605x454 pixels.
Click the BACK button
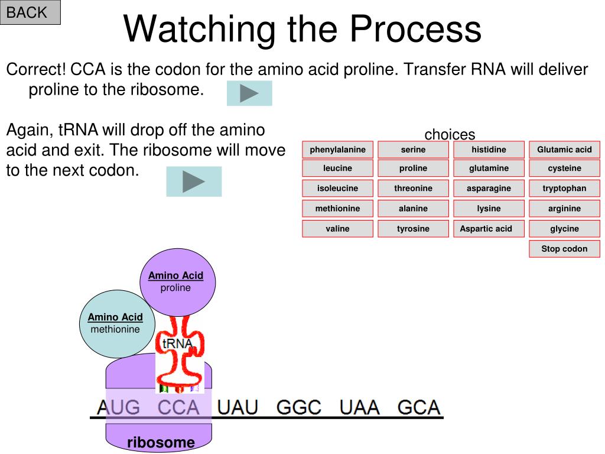[30, 12]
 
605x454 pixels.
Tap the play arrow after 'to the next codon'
[194, 181]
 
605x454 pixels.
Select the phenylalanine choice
[337, 150]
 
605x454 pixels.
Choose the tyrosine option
[413, 229]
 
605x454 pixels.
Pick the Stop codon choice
[564, 249]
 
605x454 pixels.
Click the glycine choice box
[564, 229]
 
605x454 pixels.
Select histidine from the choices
[489, 150]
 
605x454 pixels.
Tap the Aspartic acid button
[489, 229]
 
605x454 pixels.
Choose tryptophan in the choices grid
[564, 188]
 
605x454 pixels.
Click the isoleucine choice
[337, 188]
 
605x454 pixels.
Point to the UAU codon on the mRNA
[238, 407]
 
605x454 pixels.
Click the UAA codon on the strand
[360, 407]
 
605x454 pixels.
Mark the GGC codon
[299, 407]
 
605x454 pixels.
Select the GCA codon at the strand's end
[419, 407]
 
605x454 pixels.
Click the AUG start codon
[118, 407]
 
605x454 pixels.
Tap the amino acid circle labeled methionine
[117, 324]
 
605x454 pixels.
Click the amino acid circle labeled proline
[177, 282]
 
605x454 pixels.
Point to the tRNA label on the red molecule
[177, 343]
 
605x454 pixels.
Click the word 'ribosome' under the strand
[161, 442]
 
